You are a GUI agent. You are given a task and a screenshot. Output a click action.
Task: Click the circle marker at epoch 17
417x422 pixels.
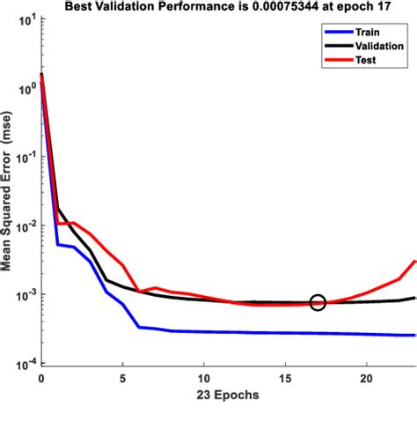pyautogui.click(x=318, y=302)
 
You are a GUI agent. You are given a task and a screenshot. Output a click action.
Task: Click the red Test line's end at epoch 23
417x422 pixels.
pyautogui.click(x=415, y=261)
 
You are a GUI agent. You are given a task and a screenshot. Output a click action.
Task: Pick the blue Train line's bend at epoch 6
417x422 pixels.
pyautogui.click(x=139, y=327)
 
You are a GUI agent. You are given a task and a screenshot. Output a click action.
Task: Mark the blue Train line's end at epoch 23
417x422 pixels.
pyautogui.click(x=415, y=336)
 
